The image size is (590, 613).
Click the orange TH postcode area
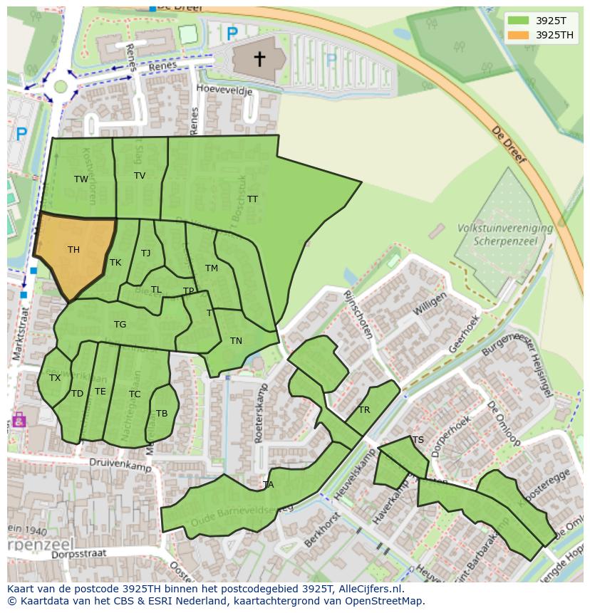71,253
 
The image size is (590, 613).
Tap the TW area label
81,179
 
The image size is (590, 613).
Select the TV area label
140,176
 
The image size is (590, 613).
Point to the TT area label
252,199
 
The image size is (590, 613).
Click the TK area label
115,263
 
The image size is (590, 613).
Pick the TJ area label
146,253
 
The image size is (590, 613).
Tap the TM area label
212,268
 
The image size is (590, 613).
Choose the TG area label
120,325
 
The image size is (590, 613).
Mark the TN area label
236,341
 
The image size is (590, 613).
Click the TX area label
55,378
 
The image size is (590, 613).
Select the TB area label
162,414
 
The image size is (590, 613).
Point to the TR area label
364,410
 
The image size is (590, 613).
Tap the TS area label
418,440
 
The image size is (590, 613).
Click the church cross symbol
259,58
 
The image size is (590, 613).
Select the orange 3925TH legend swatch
520,35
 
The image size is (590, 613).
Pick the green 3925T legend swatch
520,21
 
